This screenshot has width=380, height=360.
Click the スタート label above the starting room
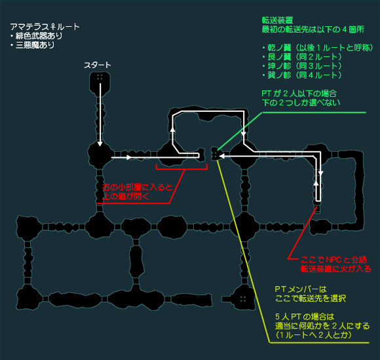point(98,65)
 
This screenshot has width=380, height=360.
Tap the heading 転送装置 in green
point(278,20)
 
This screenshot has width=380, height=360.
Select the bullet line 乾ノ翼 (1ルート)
point(318,48)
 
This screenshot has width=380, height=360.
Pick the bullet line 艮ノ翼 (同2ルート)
point(302,57)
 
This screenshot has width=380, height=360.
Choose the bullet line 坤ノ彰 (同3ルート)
point(302,66)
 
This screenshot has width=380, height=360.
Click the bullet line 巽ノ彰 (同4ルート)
point(302,75)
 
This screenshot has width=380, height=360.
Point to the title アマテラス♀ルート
point(45,27)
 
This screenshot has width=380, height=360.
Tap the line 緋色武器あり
point(36,36)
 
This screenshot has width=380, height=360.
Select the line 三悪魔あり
point(33,45)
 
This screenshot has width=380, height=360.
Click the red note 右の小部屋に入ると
point(137,187)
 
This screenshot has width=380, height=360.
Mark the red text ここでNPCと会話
point(333,260)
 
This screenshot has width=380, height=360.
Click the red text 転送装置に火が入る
point(336,269)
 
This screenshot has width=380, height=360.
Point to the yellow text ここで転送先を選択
point(311,298)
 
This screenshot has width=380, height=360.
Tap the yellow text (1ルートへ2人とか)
point(313,335)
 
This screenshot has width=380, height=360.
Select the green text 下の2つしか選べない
point(301,103)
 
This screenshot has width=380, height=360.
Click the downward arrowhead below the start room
point(100,144)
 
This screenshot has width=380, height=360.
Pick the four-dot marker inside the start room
point(100,77)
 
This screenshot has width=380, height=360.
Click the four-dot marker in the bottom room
point(243,299)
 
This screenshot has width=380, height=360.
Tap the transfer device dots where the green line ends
point(215,154)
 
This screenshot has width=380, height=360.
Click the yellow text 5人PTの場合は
point(305,317)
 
